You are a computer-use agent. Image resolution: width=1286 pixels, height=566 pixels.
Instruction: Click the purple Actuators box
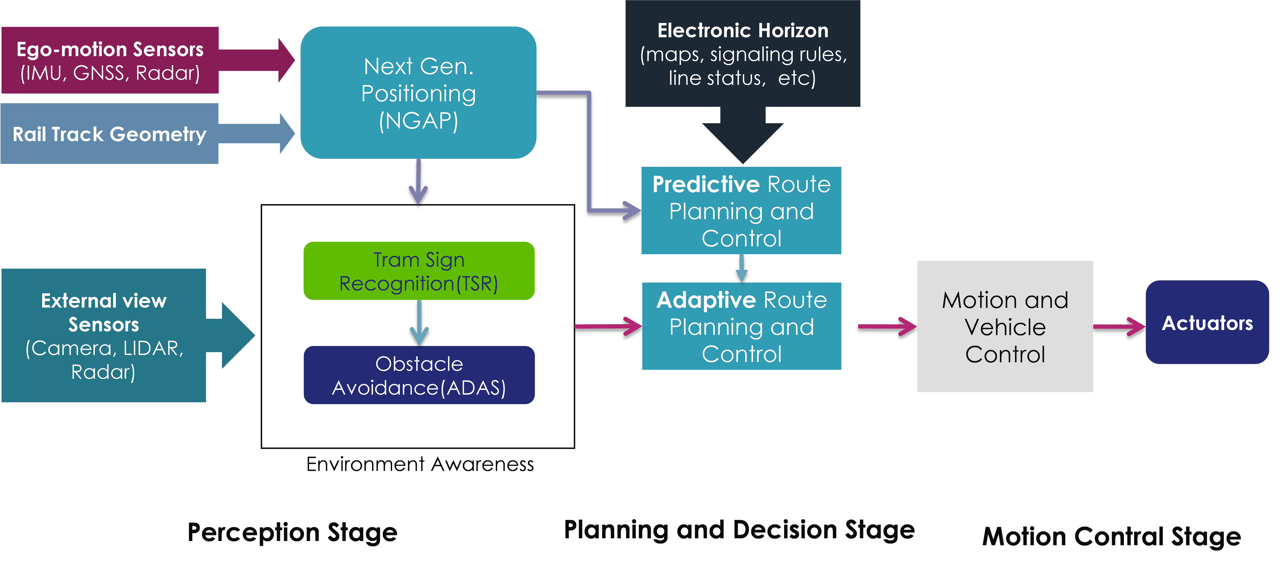1207,323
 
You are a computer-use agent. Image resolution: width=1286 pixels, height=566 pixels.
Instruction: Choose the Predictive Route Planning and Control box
741,211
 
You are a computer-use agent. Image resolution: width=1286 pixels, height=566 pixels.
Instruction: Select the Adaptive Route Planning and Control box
741,327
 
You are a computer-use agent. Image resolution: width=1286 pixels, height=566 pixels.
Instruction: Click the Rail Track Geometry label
109,134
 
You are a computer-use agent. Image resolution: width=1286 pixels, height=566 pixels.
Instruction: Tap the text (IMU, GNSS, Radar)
110,73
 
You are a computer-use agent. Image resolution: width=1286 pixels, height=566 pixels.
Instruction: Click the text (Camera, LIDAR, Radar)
104,360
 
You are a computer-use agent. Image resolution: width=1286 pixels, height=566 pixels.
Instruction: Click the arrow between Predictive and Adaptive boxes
741,268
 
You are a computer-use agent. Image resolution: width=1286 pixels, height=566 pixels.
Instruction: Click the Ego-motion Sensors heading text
110,49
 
